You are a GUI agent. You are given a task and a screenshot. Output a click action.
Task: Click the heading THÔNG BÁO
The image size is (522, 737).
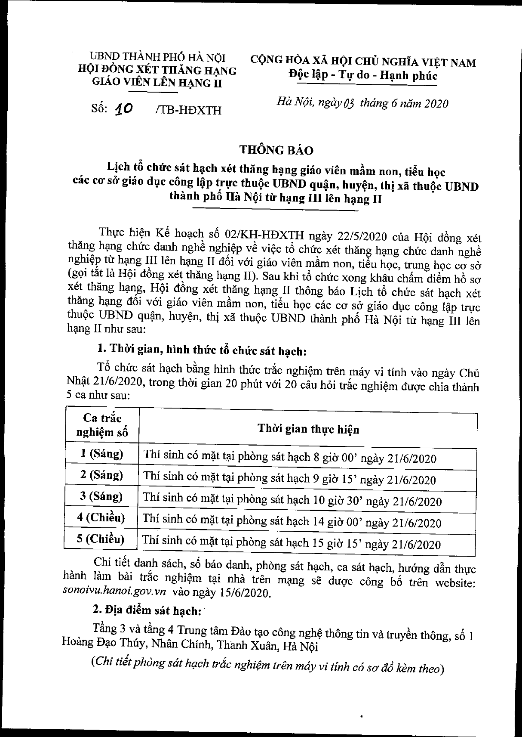[x=276, y=150]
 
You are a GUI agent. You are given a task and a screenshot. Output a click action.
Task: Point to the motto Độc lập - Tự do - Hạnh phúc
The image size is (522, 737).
[x=362, y=76]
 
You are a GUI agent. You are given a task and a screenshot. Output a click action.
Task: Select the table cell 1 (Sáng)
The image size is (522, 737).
[x=101, y=453]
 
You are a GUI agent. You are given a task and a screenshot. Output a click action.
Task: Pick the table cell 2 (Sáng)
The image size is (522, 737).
[x=101, y=475]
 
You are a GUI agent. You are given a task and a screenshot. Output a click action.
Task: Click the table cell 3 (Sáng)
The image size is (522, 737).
[x=101, y=496]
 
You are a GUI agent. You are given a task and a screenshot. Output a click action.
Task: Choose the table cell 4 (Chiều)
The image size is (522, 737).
[x=101, y=517]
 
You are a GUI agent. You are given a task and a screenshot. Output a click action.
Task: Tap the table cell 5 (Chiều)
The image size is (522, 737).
[x=101, y=539]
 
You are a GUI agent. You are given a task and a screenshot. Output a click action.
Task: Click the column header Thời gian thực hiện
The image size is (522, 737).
[x=308, y=429]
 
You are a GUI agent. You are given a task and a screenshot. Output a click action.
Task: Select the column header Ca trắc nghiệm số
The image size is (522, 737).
[x=102, y=425]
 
